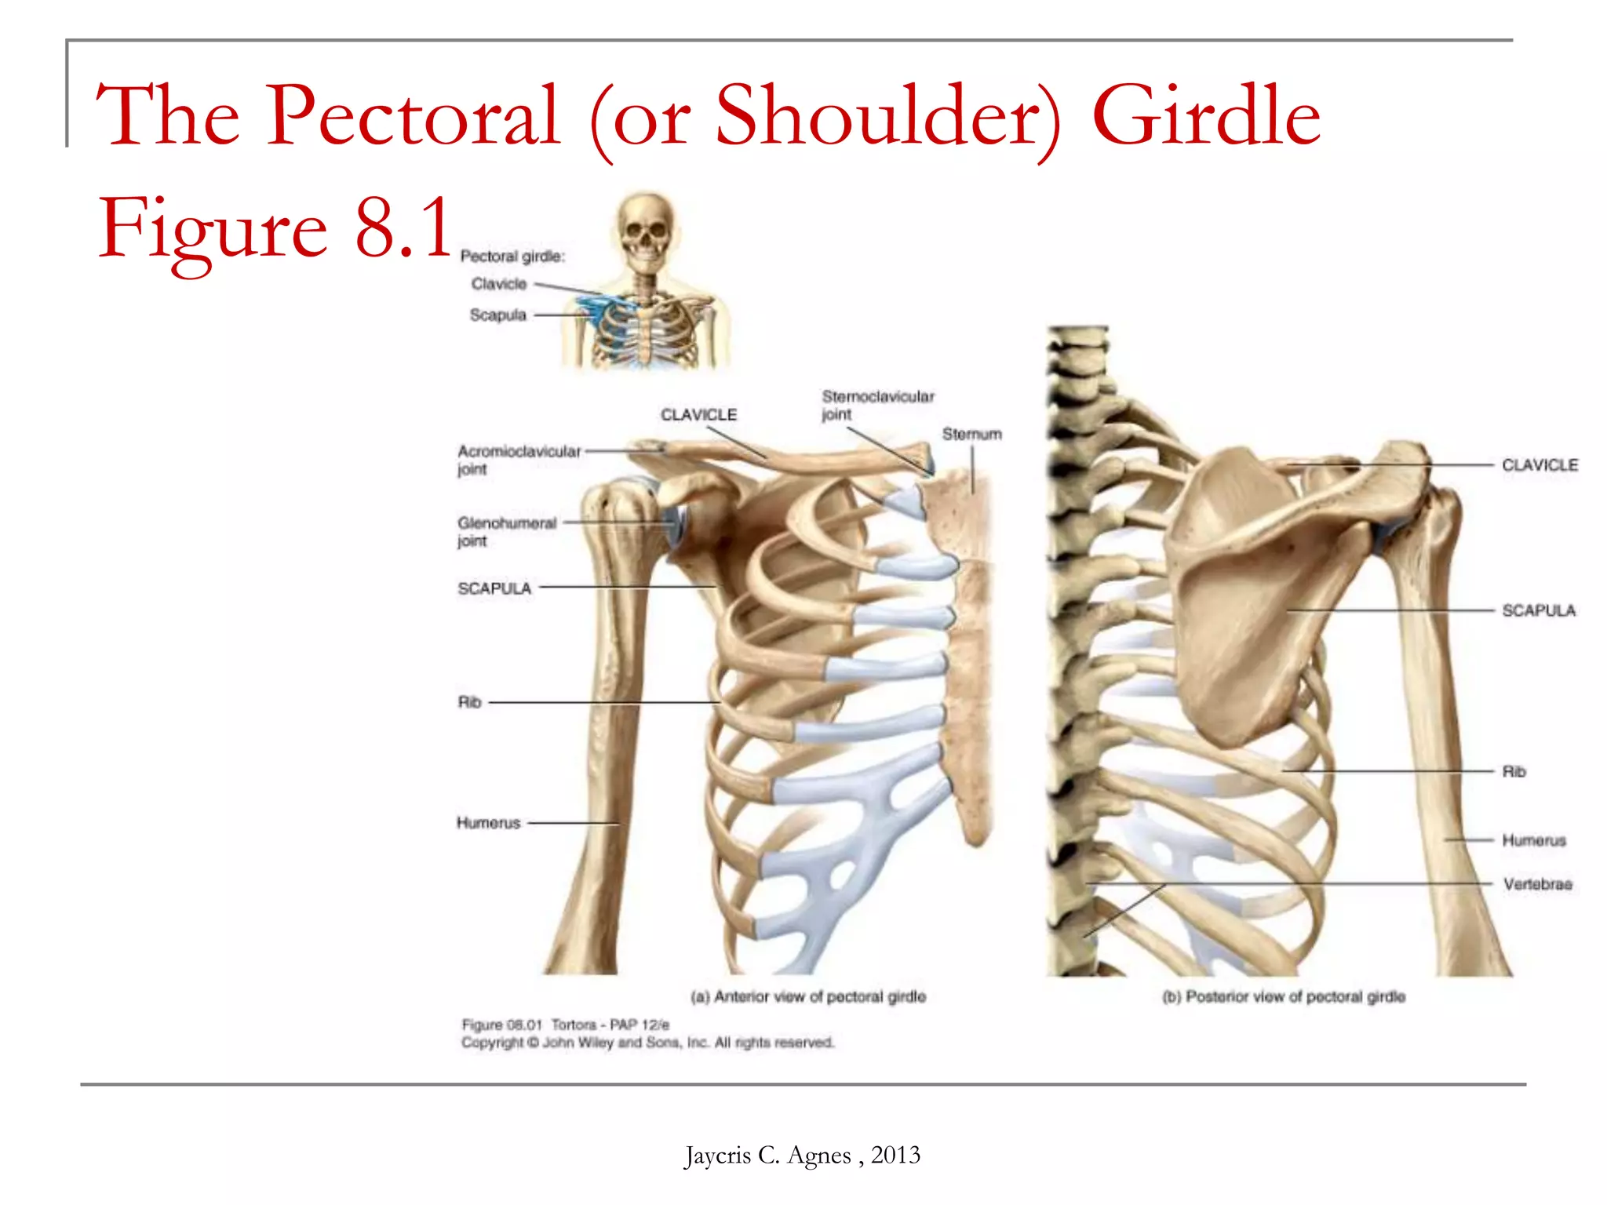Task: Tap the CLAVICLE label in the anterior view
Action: coord(698,415)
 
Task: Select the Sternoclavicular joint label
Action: coord(877,405)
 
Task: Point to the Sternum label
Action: coord(971,434)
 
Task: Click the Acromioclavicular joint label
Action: coord(519,460)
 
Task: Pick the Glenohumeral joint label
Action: coord(507,531)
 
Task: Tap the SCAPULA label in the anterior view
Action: coord(494,588)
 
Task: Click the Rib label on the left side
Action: coord(469,702)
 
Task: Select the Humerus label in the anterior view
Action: coord(488,823)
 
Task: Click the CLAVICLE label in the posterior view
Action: coord(1540,465)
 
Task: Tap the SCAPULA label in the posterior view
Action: coord(1538,610)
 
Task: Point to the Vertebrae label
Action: coord(1537,884)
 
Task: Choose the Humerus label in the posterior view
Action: coord(1533,840)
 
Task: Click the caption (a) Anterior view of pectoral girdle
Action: coord(808,996)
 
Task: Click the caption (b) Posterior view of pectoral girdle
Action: coord(1284,996)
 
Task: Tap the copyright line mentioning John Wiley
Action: coord(647,1043)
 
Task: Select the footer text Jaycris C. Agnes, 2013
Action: coord(802,1155)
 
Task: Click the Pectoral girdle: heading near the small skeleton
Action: coord(512,256)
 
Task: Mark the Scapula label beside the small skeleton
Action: coord(497,315)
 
